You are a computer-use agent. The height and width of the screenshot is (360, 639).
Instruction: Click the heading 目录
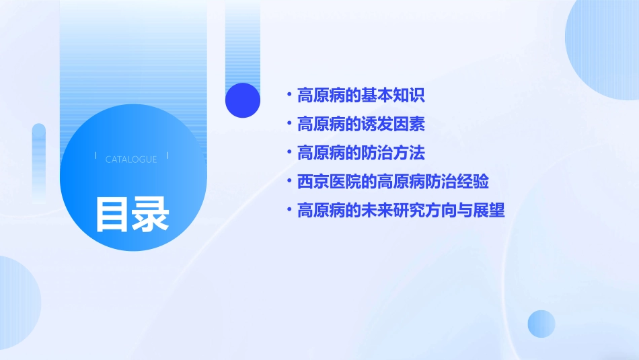coord(132,215)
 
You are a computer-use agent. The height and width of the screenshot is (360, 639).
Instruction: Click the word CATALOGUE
coord(131,159)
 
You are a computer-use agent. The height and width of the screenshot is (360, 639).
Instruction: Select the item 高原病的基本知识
coord(361,96)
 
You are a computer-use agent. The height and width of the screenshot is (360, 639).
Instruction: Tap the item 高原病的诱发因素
coord(361,124)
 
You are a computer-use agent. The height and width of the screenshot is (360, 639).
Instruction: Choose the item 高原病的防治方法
coord(361,153)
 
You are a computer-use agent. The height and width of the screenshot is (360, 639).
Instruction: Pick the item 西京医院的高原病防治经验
coord(393,182)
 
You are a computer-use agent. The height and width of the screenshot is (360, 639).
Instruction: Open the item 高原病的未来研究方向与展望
coord(401,211)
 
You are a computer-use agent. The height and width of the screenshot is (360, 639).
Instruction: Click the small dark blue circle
coord(243,100)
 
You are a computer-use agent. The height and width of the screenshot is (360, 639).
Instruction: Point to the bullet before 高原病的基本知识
coord(289,96)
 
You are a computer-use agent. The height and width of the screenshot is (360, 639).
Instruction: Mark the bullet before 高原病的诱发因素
coord(289,124)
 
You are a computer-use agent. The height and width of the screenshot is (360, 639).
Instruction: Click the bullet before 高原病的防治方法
coord(289,153)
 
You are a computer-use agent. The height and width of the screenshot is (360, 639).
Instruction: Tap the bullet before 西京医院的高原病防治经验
coord(289,182)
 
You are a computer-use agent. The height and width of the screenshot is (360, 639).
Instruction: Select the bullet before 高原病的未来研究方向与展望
coord(289,211)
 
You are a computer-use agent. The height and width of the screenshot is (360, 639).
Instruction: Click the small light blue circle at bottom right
coord(541,324)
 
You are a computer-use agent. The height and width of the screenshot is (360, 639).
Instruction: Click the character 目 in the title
coord(112,215)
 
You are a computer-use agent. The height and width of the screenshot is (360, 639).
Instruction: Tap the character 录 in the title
coord(151,215)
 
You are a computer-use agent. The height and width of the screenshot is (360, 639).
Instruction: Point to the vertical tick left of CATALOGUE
coord(96,155)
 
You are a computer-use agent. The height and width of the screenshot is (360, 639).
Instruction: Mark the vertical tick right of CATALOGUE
coord(167,155)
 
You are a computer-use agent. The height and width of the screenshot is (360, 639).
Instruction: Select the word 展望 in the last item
coord(490,211)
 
